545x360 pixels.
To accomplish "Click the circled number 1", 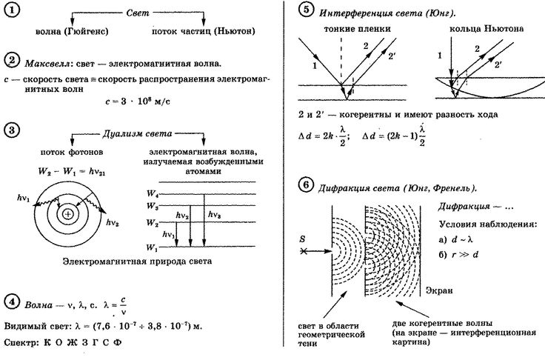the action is tap(12, 10).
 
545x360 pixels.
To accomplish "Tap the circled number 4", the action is tap(12, 302).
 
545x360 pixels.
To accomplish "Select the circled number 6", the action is tap(307, 184).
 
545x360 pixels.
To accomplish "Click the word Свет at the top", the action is tap(138, 13).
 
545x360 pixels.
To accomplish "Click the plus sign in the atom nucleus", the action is tap(68, 214).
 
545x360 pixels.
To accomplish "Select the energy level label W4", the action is tap(153, 193).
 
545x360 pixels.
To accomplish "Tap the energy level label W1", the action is tap(152, 247).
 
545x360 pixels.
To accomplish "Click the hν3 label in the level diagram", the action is tap(215, 215).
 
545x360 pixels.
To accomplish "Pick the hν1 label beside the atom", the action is tap(24, 199).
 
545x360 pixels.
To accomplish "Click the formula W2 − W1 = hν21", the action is tap(72, 172).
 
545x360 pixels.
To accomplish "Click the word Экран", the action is tap(439, 290).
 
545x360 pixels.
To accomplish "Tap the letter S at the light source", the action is tap(302, 239).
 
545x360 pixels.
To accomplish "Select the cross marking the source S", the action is tap(304, 251).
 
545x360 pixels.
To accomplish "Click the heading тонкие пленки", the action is tap(358, 29).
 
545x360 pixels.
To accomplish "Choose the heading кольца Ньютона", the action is tap(487, 29).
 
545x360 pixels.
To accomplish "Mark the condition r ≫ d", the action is tap(465, 255).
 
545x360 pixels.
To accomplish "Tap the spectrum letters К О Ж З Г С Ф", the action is tap(83, 343).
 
